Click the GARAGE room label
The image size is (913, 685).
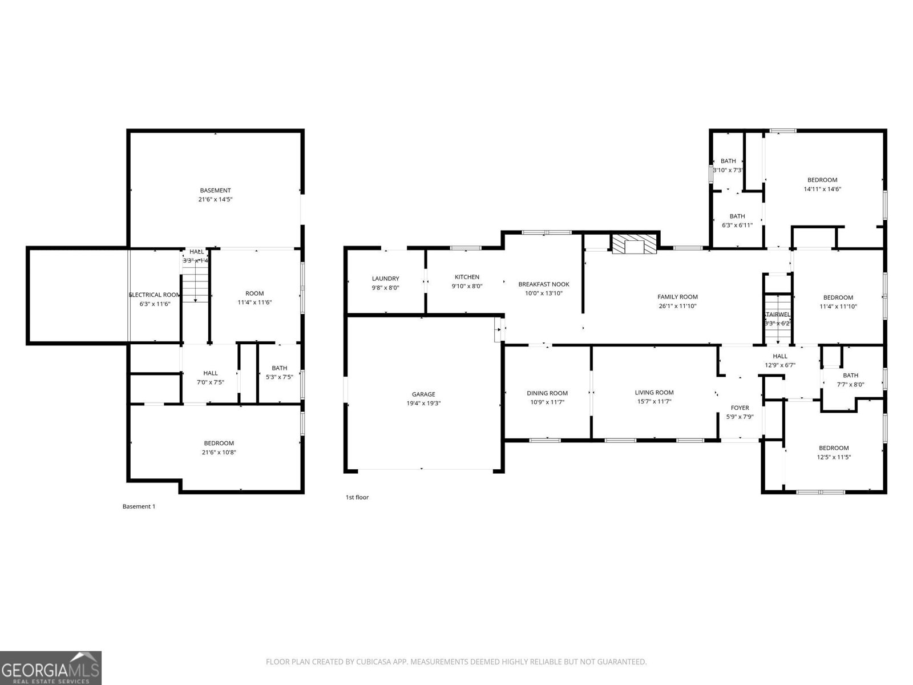(x=423, y=394)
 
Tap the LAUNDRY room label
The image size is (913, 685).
(x=385, y=279)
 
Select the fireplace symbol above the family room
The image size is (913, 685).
(x=634, y=245)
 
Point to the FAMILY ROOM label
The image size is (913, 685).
(x=677, y=297)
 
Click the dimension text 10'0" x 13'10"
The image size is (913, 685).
(x=543, y=293)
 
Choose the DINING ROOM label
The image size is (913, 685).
(x=547, y=393)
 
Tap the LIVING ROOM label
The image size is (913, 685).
(x=654, y=392)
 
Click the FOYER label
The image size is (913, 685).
(x=740, y=408)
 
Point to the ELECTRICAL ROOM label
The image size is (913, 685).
(x=155, y=295)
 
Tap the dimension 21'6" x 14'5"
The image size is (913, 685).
(x=215, y=200)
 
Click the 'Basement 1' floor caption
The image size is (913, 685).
(x=139, y=506)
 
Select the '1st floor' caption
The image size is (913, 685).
(x=357, y=497)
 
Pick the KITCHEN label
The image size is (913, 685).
(x=467, y=277)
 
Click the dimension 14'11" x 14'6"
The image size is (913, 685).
(x=822, y=189)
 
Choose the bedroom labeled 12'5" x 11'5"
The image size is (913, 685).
(x=834, y=448)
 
